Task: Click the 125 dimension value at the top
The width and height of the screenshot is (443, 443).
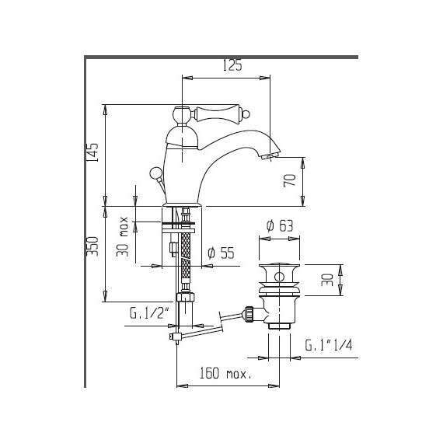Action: tap(232, 67)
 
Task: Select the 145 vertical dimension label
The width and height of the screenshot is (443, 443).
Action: tap(92, 151)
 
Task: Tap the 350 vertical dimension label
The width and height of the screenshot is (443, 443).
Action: tap(92, 247)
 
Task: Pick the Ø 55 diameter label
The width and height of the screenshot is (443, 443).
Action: tap(222, 252)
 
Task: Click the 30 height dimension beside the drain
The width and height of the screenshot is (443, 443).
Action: tap(327, 277)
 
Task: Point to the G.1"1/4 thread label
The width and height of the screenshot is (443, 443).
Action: tap(329, 344)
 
